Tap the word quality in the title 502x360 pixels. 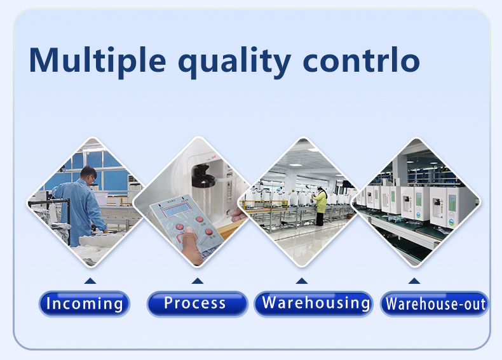(234, 62)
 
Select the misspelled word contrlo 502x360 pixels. (361, 60)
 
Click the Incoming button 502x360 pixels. (85, 303)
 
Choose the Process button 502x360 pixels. (197, 303)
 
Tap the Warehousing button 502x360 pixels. (313, 303)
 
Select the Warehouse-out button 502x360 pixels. (434, 303)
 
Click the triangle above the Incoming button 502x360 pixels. (90, 281)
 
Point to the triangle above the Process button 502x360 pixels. (198, 281)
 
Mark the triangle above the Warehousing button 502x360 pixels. (302, 281)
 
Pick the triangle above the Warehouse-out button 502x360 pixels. (414, 281)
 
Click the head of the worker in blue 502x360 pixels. (88, 175)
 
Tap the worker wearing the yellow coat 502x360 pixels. (320, 206)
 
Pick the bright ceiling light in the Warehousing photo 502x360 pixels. (295, 165)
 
